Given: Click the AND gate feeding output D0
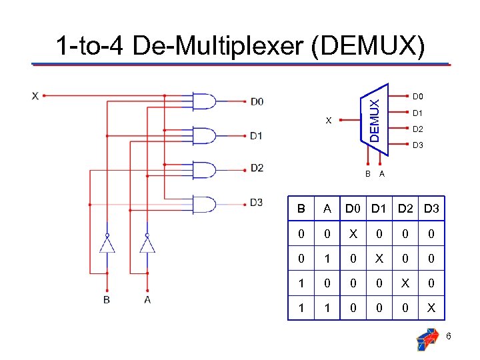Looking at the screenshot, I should [204, 101].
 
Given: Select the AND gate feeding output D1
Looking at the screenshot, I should [204, 135].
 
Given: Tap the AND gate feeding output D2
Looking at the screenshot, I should [204, 169].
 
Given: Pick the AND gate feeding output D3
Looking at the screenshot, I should [204, 203].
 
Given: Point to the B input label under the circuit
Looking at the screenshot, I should [107, 300].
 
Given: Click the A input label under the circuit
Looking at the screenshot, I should [147, 300].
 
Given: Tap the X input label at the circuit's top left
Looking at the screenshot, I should [34, 95].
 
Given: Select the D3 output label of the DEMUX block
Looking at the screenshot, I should [419, 145].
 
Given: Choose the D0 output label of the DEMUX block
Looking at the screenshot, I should [419, 96].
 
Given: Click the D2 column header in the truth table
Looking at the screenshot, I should [405, 209].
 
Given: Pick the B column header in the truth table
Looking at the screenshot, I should [301, 209].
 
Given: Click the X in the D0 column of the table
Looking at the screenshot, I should [352, 235].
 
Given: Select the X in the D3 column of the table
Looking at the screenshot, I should [431, 308].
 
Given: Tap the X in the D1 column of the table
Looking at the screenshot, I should [379, 259].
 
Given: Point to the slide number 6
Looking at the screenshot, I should [449, 336].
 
